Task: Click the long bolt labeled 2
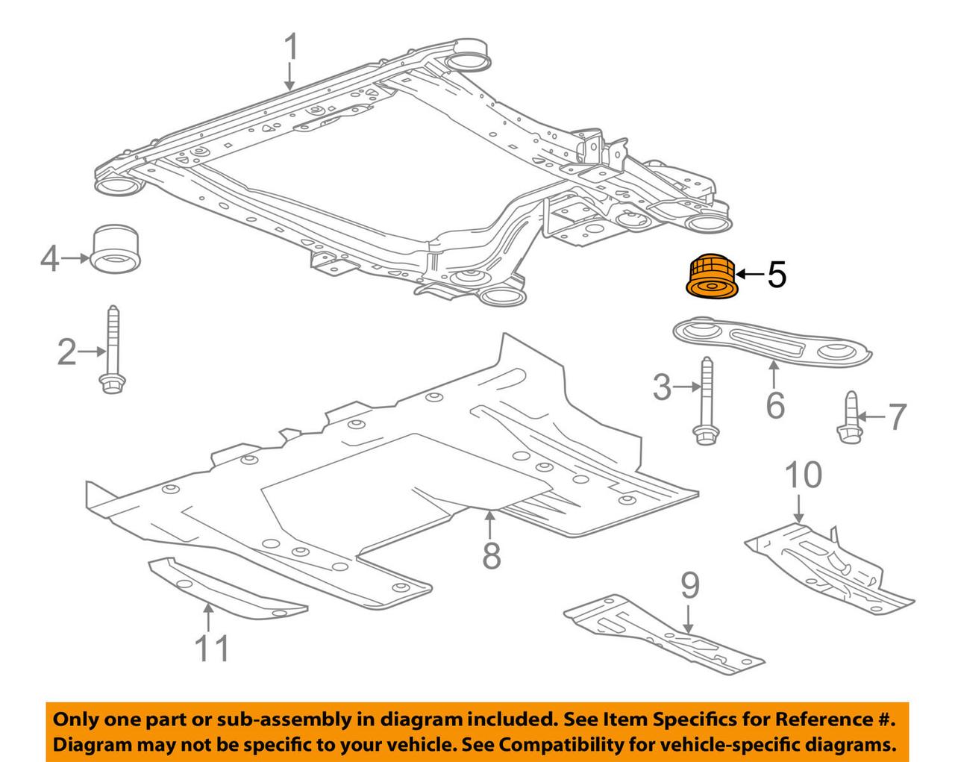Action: point(112,351)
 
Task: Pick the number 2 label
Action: point(66,352)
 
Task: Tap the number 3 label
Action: point(663,388)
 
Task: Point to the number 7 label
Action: point(895,416)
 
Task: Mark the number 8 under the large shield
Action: point(491,555)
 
